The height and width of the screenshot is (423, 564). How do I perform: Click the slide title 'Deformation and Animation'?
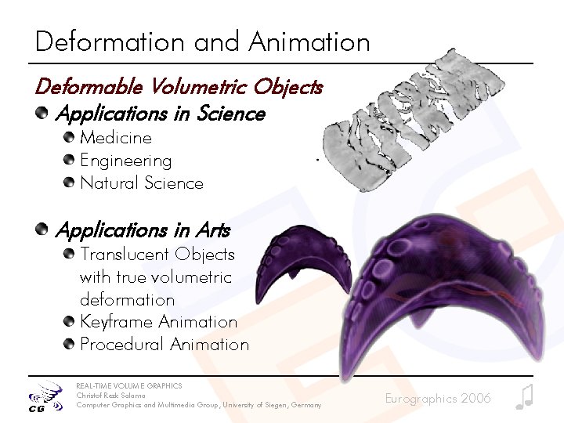(x=202, y=42)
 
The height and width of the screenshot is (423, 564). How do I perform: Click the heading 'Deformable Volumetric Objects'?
(x=179, y=86)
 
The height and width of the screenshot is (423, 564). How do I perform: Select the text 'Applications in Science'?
(x=161, y=114)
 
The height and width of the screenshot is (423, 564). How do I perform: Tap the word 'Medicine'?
(x=116, y=138)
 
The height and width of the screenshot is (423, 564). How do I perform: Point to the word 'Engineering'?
(x=125, y=161)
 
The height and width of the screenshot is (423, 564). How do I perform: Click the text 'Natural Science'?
(x=142, y=183)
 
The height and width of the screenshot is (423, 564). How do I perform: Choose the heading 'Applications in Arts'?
(x=143, y=230)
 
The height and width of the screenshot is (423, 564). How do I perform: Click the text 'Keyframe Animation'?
(x=158, y=322)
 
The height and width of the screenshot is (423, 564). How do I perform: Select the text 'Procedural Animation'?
(x=164, y=345)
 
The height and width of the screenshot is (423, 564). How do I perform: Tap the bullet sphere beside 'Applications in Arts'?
(x=42, y=230)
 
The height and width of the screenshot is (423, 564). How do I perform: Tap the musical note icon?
(x=524, y=397)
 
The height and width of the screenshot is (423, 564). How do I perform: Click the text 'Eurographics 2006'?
(x=438, y=399)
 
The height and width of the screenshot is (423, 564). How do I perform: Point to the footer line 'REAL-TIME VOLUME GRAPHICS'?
(x=128, y=386)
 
